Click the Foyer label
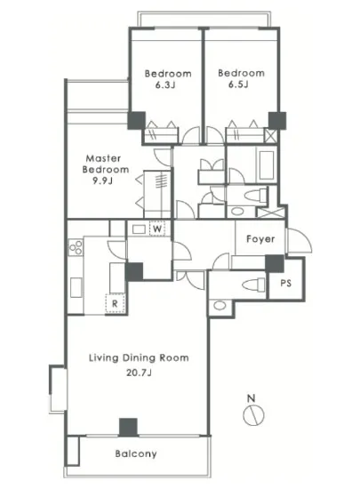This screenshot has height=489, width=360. click(260, 239)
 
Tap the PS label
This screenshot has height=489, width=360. click(285, 283)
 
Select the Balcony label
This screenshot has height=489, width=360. click(136, 453)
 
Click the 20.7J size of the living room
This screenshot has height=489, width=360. click(139, 373)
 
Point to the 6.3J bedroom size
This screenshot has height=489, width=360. click(165, 84)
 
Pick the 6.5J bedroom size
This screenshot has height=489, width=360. click(238, 84)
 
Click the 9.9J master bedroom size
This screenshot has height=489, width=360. click(102, 180)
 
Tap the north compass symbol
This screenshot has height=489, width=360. click(253, 412)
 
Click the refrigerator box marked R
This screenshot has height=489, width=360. click(115, 303)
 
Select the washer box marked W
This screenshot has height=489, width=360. click(157, 228)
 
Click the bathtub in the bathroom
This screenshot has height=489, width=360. click(267, 165)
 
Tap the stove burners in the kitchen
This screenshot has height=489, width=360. click(76, 248)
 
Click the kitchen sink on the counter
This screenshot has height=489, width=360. click(76, 287)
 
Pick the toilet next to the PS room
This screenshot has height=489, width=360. click(253, 285)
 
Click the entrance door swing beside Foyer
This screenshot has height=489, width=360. click(300, 241)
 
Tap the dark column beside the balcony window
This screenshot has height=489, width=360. click(128, 428)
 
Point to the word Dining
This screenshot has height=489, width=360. click(139, 357)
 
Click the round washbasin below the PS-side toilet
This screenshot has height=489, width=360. click(220, 305)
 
